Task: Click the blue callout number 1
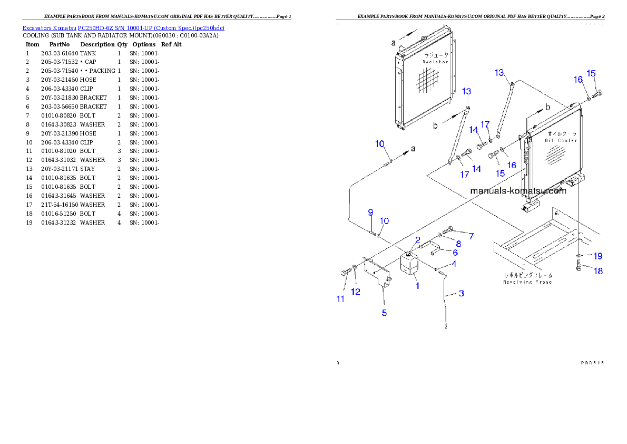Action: [417, 286]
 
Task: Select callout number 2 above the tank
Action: [417, 240]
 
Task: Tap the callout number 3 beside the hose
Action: [461, 293]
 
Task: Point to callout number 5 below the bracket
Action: [384, 313]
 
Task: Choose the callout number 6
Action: [455, 253]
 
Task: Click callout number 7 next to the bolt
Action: [471, 236]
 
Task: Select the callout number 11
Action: [340, 299]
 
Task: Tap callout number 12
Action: [356, 292]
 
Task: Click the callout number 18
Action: [597, 271]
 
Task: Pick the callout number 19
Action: [597, 256]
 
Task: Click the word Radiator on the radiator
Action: [435, 62]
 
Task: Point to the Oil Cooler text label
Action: [561, 140]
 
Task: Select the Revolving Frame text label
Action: [527, 282]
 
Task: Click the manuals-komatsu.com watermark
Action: [518, 191]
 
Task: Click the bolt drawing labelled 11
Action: [346, 272]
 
